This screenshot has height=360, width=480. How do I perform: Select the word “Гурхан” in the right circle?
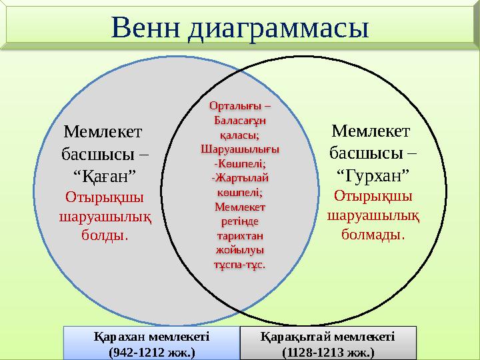[x=373, y=176]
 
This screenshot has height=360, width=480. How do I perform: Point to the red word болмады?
[x=373, y=235]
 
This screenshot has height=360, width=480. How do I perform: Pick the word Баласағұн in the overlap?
[x=239, y=121]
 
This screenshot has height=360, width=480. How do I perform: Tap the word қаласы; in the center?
[x=239, y=134]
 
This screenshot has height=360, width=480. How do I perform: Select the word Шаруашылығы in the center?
[x=239, y=148]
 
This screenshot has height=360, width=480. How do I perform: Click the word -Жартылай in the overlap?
[x=239, y=177]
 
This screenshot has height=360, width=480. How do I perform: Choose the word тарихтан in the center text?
[x=239, y=235]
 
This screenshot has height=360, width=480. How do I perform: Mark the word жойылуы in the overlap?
[x=239, y=249]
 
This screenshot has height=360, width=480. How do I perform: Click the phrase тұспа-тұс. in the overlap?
[x=239, y=264]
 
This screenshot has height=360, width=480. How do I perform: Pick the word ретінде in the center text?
[x=239, y=221]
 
